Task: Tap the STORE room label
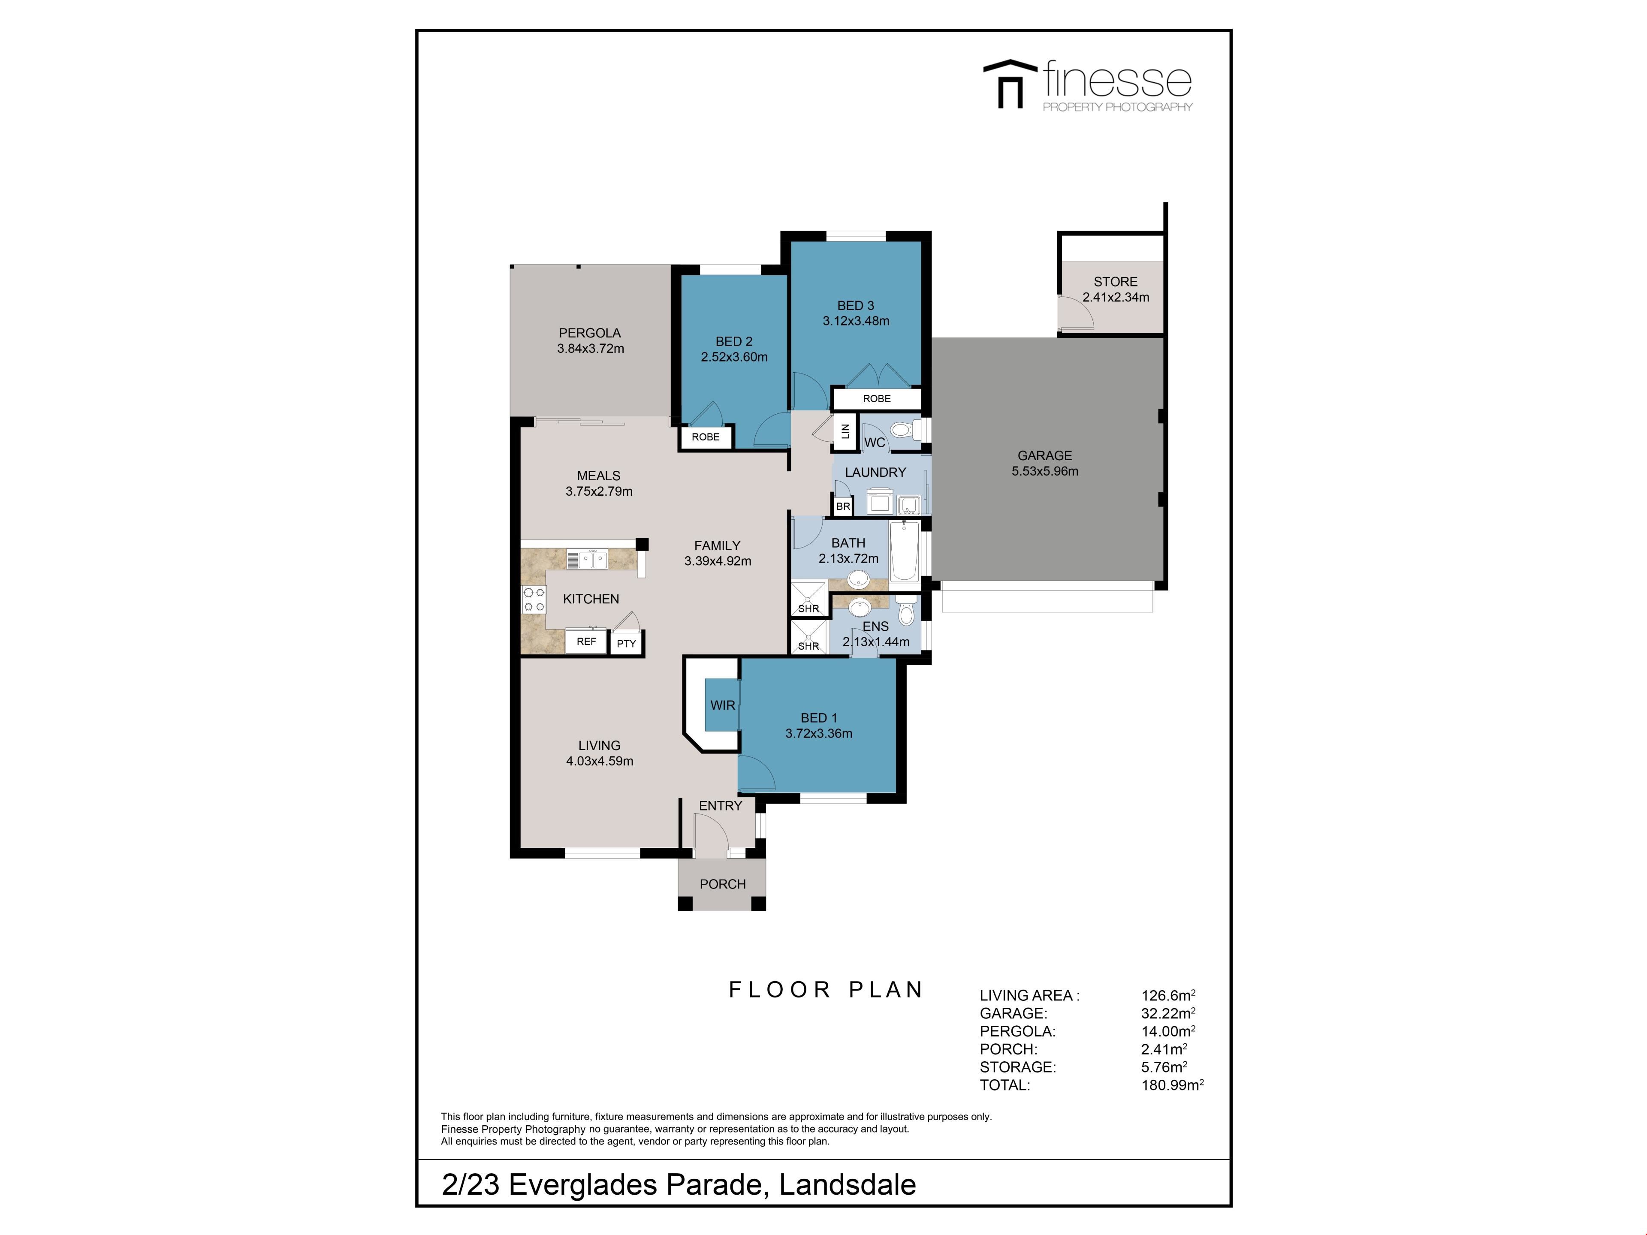click(1116, 281)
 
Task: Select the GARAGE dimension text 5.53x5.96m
click(1045, 471)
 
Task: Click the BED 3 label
click(856, 305)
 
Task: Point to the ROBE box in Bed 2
click(706, 437)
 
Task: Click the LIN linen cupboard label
click(845, 431)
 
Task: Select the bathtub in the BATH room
click(905, 551)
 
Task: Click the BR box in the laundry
click(843, 506)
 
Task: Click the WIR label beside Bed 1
click(722, 705)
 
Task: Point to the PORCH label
click(722, 884)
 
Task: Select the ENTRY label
click(720, 805)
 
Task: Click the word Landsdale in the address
click(848, 1184)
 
